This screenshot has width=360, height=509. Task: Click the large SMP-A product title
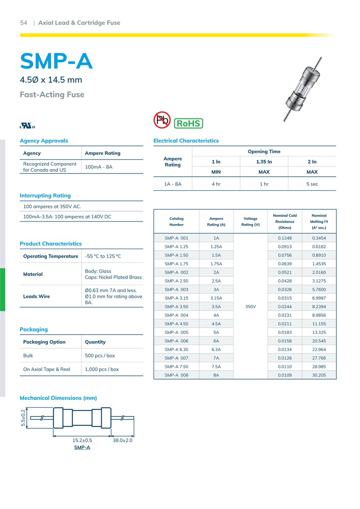pyautogui.click(x=56, y=62)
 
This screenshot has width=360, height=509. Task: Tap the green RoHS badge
pyautogui.click(x=188, y=123)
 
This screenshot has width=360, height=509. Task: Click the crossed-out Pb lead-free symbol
pyautogui.click(x=162, y=120)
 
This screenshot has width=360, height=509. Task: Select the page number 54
pyautogui.click(x=24, y=23)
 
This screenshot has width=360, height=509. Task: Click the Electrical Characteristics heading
pyautogui.click(x=186, y=141)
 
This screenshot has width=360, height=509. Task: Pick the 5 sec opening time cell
pyautogui.click(x=312, y=184)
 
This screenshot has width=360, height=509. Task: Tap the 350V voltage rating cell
pyautogui.click(x=250, y=307)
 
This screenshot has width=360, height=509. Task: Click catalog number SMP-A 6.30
pyautogui.click(x=176, y=349)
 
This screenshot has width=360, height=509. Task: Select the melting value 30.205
pyautogui.click(x=319, y=375)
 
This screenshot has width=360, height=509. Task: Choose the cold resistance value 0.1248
pyautogui.click(x=285, y=238)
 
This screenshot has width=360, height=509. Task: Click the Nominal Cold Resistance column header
pyautogui.click(x=285, y=222)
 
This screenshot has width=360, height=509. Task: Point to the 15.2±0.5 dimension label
pyautogui.click(x=82, y=440)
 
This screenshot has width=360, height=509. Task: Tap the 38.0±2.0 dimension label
pyautogui.click(x=122, y=440)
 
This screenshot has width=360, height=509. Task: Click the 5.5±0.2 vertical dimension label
pyautogui.click(x=23, y=418)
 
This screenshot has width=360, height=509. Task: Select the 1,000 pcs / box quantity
pyautogui.click(x=102, y=369)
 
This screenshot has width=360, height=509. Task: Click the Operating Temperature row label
pyautogui.click(x=51, y=256)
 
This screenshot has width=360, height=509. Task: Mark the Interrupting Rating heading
pyautogui.click(x=45, y=196)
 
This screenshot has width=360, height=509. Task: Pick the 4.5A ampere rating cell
pyautogui.click(x=216, y=324)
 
